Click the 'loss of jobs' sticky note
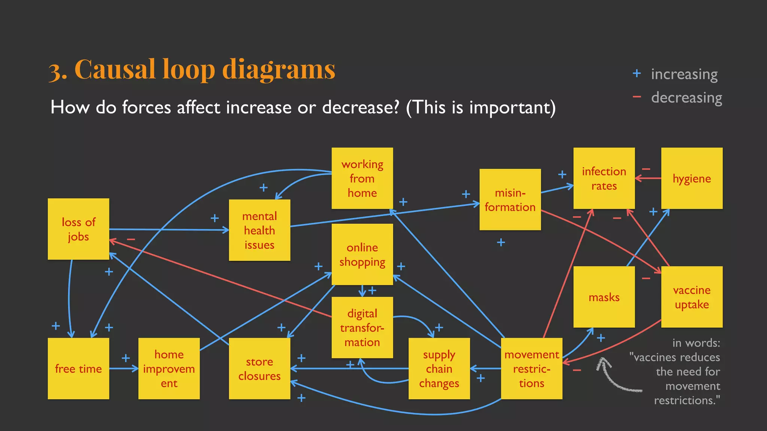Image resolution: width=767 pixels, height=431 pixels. pos(78,229)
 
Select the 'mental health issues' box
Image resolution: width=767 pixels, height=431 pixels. pos(260,230)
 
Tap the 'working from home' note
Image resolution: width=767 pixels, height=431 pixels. pos(362,178)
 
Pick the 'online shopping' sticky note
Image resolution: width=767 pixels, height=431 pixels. pos(362,254)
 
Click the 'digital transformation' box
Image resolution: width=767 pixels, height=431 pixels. pos(362,327)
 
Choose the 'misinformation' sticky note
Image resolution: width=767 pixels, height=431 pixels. pos(510,199)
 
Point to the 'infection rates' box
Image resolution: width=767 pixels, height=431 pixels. pos(604,178)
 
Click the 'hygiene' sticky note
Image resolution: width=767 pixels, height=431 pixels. pos(692,178)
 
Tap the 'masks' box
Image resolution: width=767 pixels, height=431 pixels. pos(604,297)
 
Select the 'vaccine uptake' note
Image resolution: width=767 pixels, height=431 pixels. pos(692,297)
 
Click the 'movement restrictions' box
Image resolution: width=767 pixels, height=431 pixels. pos(531,369)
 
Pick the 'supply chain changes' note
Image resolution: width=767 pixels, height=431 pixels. pos(439,369)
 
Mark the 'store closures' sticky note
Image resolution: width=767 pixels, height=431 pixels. pos(260,369)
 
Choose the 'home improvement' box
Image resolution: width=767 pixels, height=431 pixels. pos(169,369)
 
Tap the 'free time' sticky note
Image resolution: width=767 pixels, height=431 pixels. pos(78,369)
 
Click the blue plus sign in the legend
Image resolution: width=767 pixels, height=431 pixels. pos(637,73)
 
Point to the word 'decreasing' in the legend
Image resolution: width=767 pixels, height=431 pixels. pos(686,98)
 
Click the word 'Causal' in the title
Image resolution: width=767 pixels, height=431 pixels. pos(115,70)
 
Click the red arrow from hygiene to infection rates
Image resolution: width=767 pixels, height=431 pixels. pos(648,178)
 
